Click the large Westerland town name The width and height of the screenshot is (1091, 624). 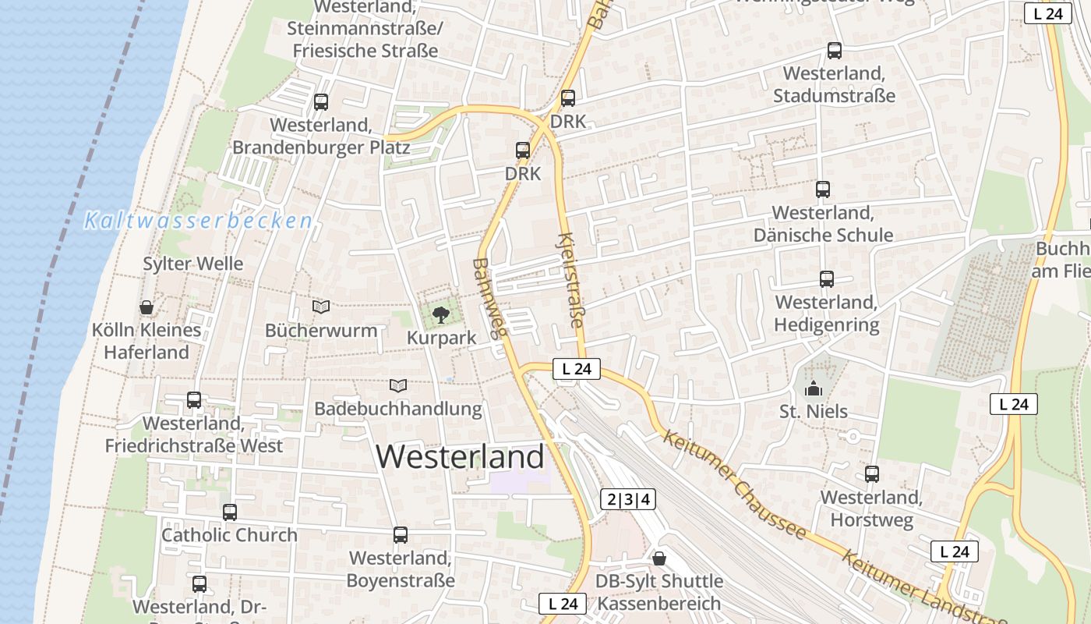461,456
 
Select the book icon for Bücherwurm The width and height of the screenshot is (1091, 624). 321,307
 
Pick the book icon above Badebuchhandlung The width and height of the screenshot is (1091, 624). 398,385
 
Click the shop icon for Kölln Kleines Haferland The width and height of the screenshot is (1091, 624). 146,307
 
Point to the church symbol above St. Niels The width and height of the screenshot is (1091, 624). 814,388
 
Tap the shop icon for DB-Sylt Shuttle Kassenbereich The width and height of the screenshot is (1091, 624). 659,558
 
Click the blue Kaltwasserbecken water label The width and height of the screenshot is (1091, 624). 198,221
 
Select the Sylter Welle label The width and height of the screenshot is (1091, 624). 193,264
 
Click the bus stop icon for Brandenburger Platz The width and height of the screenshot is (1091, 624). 320,101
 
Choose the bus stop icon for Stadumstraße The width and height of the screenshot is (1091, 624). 834,51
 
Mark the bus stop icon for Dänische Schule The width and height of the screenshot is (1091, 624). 822,189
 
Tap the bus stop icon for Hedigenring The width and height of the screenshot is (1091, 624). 826,278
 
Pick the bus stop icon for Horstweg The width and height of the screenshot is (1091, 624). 871,473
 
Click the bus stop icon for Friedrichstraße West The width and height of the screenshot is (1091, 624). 194,400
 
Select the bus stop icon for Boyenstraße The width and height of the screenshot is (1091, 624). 401,535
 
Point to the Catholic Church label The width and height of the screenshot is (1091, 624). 229,535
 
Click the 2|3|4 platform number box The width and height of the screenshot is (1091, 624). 628,499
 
